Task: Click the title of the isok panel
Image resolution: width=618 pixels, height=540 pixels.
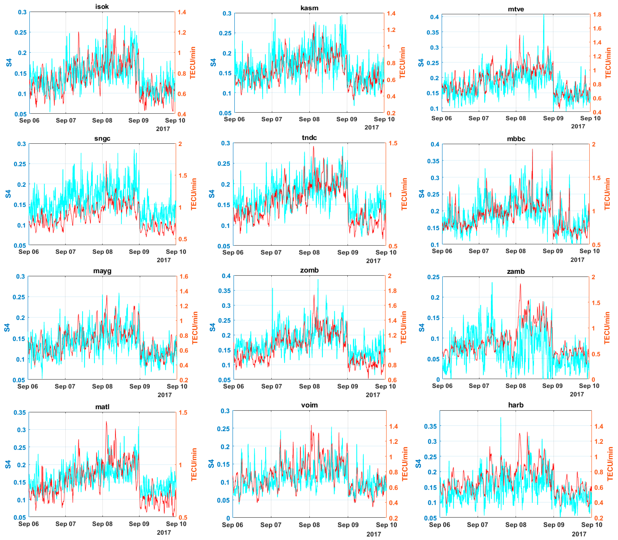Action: click(x=102, y=7)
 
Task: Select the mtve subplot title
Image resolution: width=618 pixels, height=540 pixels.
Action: click(x=516, y=9)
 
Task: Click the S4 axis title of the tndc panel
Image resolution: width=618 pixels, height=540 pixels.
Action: click(x=212, y=194)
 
